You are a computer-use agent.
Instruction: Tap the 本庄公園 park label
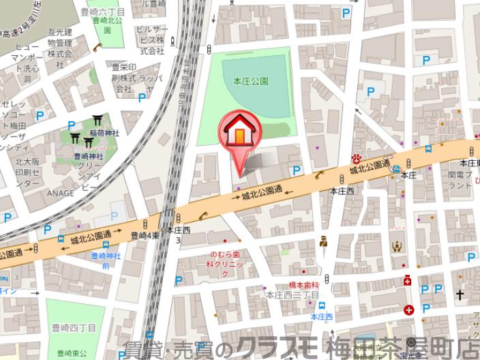coord(254,80)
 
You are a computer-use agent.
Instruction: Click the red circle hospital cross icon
coord(408,310)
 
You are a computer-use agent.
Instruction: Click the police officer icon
coord(325,241)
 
